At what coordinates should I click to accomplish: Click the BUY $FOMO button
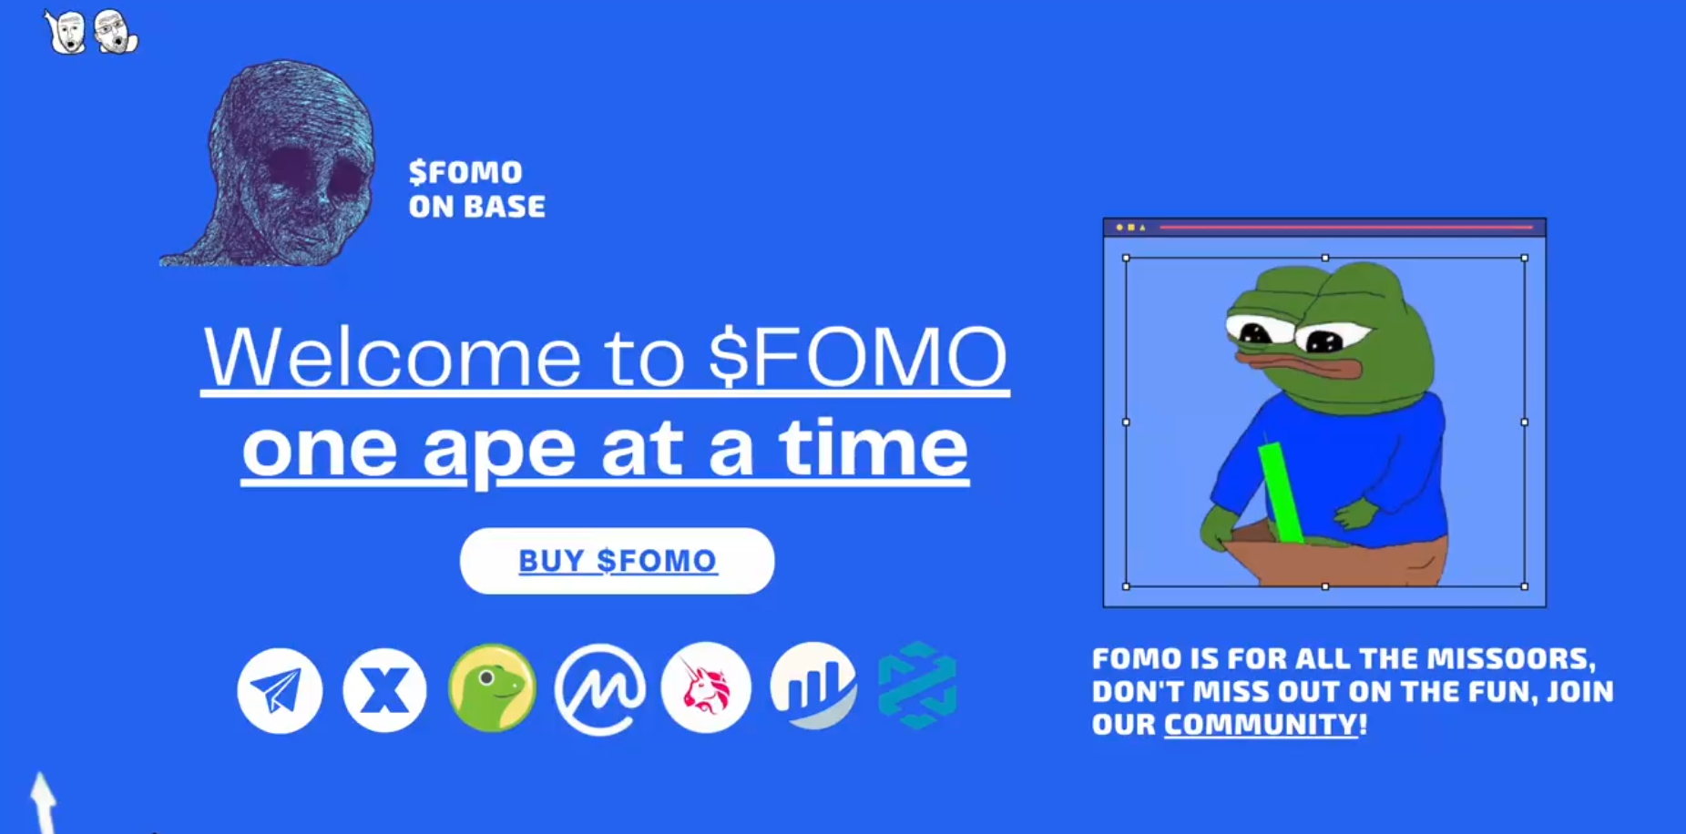click(618, 561)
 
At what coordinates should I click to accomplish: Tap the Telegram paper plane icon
click(280, 690)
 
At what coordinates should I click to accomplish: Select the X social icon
click(384, 690)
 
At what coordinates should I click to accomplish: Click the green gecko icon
click(492, 688)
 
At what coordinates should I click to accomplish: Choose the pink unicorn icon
click(706, 687)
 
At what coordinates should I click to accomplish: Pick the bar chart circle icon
click(813, 687)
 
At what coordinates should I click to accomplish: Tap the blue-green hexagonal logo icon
click(917, 686)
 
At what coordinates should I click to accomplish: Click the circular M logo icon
click(599, 689)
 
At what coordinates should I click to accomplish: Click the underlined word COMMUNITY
click(1261, 725)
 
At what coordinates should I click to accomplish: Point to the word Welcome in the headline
click(393, 356)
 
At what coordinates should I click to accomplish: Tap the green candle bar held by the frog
click(1281, 492)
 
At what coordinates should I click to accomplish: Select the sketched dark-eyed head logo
click(268, 164)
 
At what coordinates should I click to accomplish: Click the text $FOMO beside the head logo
click(465, 172)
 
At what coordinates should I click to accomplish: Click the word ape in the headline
click(499, 452)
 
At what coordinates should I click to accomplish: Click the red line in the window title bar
click(1346, 227)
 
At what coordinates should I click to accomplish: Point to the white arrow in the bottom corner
click(42, 801)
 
